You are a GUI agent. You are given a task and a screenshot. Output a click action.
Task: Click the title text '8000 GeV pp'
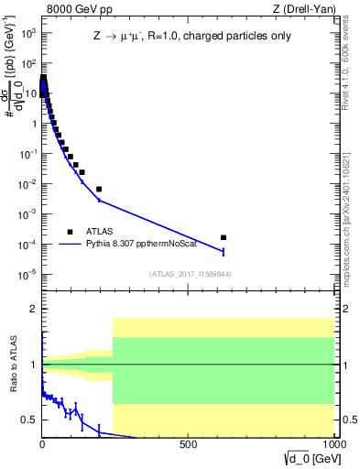tap(72, 9)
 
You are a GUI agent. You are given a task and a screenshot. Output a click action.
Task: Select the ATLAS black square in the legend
tap(70, 232)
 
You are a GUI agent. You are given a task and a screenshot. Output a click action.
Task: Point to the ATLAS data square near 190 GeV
tap(98, 189)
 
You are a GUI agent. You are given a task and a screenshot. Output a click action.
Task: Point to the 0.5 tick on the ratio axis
tap(29, 420)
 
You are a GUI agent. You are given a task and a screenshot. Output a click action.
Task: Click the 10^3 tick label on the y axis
tap(27, 34)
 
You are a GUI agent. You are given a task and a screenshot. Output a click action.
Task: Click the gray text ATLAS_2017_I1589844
tap(189, 274)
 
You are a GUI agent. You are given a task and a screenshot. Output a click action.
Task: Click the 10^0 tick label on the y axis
tap(27, 124)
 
